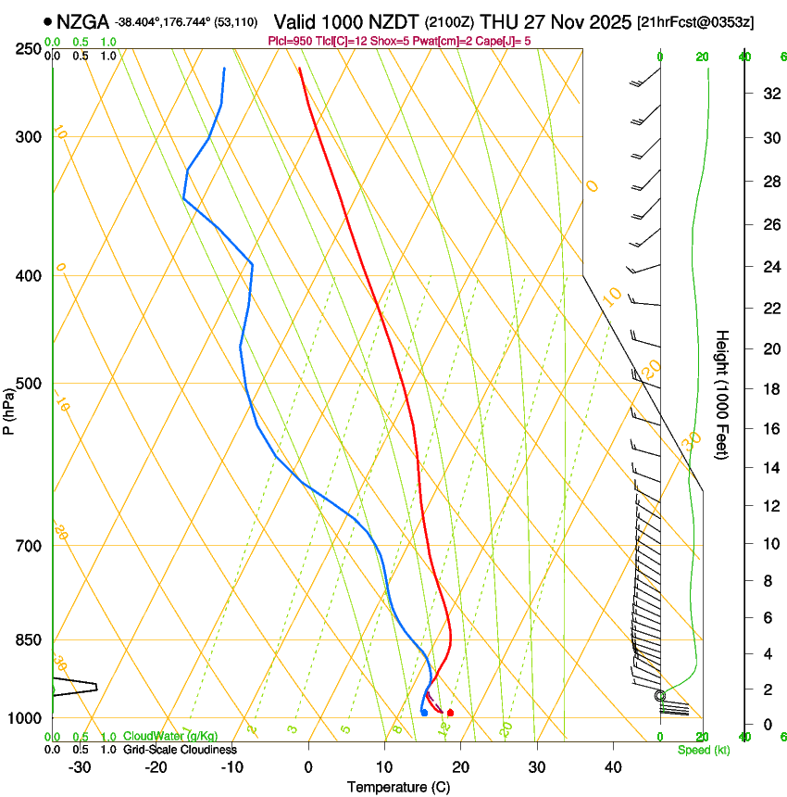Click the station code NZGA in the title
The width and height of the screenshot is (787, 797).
[83, 21]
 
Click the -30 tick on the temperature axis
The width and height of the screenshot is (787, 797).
[80, 766]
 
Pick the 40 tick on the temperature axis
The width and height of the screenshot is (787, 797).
[613, 766]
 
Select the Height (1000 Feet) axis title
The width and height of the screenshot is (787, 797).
[723, 394]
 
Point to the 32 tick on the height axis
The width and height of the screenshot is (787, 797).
[768, 93]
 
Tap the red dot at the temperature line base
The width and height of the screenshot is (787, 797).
[450, 713]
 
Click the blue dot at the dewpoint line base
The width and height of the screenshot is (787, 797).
[424, 713]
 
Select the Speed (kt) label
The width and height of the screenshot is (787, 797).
[703, 750]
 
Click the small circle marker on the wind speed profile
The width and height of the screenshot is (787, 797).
[660, 695]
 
